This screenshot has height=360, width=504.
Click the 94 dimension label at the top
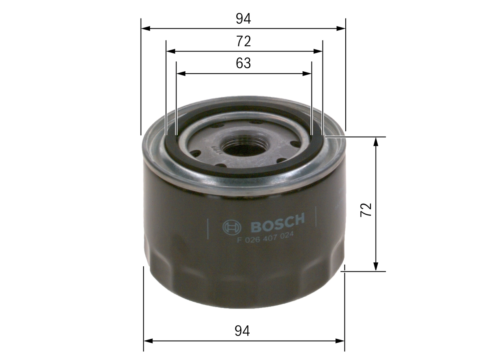click(243, 19)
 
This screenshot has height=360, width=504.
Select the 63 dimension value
click(243, 63)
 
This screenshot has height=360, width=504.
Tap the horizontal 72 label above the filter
click(243, 41)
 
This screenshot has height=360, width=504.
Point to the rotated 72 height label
click(367, 210)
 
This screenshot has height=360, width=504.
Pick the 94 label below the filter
click(243, 331)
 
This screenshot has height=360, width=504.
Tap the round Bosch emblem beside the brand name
click(232, 227)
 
